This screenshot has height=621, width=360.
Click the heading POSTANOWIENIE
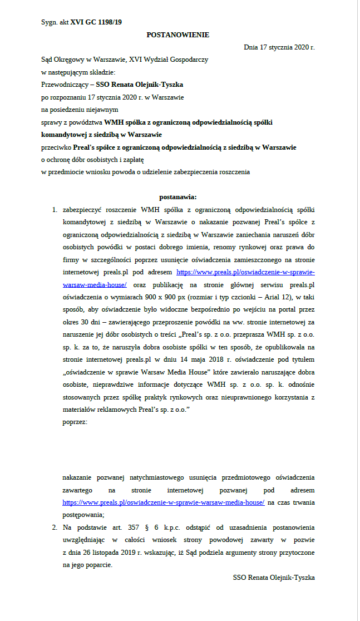point(177,34)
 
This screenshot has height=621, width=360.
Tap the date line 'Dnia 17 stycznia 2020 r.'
point(279,47)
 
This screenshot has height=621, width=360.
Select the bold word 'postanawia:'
point(177,196)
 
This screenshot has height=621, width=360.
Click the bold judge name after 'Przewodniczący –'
point(140,85)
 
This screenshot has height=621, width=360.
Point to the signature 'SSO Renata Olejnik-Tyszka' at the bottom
point(274,578)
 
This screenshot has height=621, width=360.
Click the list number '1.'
point(55,210)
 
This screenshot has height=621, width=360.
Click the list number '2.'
point(55,526)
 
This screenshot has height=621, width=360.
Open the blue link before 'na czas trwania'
point(164,502)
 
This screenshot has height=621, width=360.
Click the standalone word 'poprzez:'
point(75,421)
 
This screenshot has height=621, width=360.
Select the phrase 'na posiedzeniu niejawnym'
point(78,110)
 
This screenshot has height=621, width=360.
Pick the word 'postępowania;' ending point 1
point(83,514)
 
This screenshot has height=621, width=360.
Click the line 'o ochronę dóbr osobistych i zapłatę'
point(90,160)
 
